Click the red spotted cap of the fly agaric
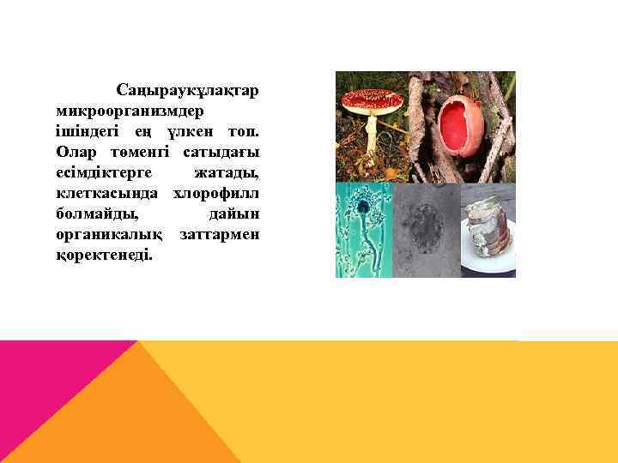372,100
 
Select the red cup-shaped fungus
460,125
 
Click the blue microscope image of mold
363,230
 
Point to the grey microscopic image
426,230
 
